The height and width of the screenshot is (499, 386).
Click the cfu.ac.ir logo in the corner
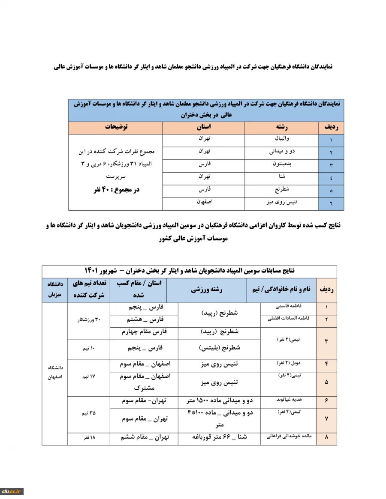(x=12, y=491)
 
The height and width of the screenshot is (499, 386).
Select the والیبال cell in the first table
(x=282, y=139)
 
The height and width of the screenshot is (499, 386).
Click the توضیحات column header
(x=116, y=127)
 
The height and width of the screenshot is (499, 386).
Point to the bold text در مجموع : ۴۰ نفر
(x=116, y=189)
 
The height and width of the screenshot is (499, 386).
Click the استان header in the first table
(x=203, y=127)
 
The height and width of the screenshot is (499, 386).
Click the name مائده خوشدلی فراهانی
(x=288, y=437)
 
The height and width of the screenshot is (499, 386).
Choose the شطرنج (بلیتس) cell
(x=220, y=349)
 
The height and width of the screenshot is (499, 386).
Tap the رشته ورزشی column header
(x=207, y=290)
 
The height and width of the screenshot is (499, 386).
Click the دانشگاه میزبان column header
(x=54, y=290)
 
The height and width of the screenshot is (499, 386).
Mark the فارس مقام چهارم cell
(x=144, y=332)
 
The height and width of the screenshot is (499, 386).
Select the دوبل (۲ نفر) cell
(x=288, y=363)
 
